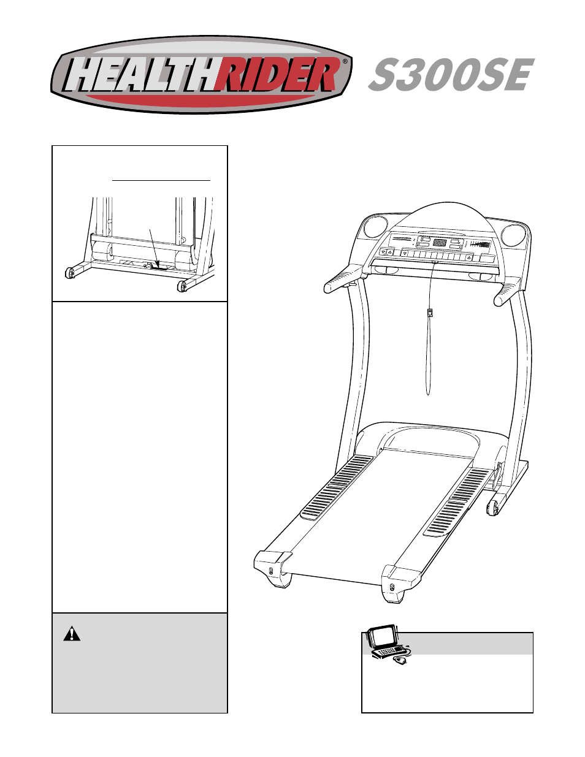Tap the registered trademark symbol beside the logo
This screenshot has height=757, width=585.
(x=345, y=62)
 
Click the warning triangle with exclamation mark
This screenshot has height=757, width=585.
(x=72, y=634)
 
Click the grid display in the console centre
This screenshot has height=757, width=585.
(x=439, y=243)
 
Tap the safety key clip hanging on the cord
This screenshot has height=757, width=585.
(x=430, y=313)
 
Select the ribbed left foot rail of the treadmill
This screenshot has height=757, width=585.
(x=338, y=487)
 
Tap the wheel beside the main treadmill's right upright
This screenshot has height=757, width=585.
(x=492, y=507)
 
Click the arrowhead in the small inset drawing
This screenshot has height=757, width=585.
(x=156, y=264)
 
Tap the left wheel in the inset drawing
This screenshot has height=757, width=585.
(x=70, y=273)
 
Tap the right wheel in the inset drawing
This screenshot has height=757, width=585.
(x=182, y=286)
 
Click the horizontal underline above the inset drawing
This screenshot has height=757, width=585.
(x=161, y=180)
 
